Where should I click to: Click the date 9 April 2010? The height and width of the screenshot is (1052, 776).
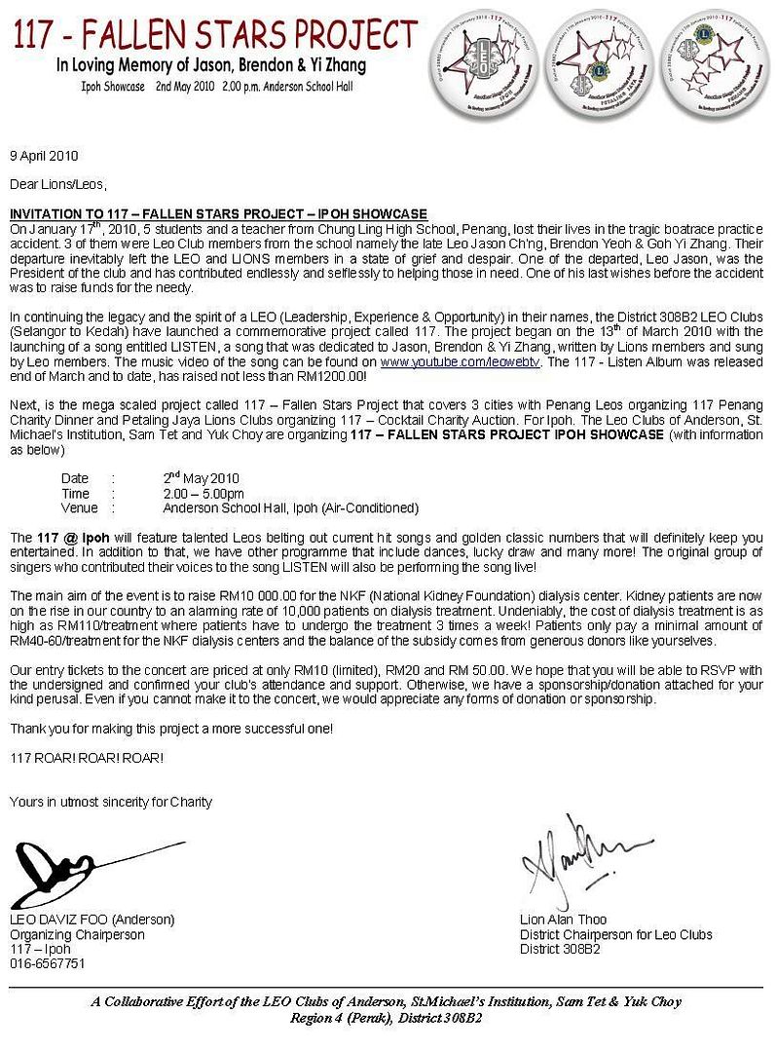click(44, 156)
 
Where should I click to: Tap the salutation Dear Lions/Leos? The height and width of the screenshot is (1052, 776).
click(58, 184)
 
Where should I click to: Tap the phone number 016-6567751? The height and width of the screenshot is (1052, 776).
click(47, 963)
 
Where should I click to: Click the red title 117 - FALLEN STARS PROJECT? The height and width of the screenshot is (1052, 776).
click(215, 36)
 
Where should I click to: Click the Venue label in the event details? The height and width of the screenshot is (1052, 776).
click(79, 507)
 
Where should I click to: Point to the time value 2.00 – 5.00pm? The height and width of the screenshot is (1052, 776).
click(203, 494)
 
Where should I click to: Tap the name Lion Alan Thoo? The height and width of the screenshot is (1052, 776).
click(564, 920)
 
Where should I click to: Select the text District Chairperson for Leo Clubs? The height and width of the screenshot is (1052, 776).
click(615, 934)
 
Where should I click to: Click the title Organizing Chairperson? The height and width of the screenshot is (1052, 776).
click(77, 934)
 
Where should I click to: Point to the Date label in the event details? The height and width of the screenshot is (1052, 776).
click(74, 479)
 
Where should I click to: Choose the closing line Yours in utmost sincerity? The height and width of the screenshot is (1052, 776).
click(110, 802)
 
